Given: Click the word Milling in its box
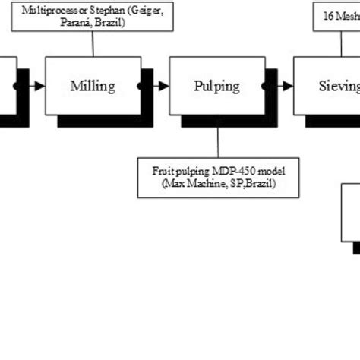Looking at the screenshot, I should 93,86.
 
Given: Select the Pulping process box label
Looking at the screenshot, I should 216,86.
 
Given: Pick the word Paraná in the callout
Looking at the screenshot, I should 72,22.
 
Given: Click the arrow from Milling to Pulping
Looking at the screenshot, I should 161,86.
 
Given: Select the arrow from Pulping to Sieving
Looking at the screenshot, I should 284,86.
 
